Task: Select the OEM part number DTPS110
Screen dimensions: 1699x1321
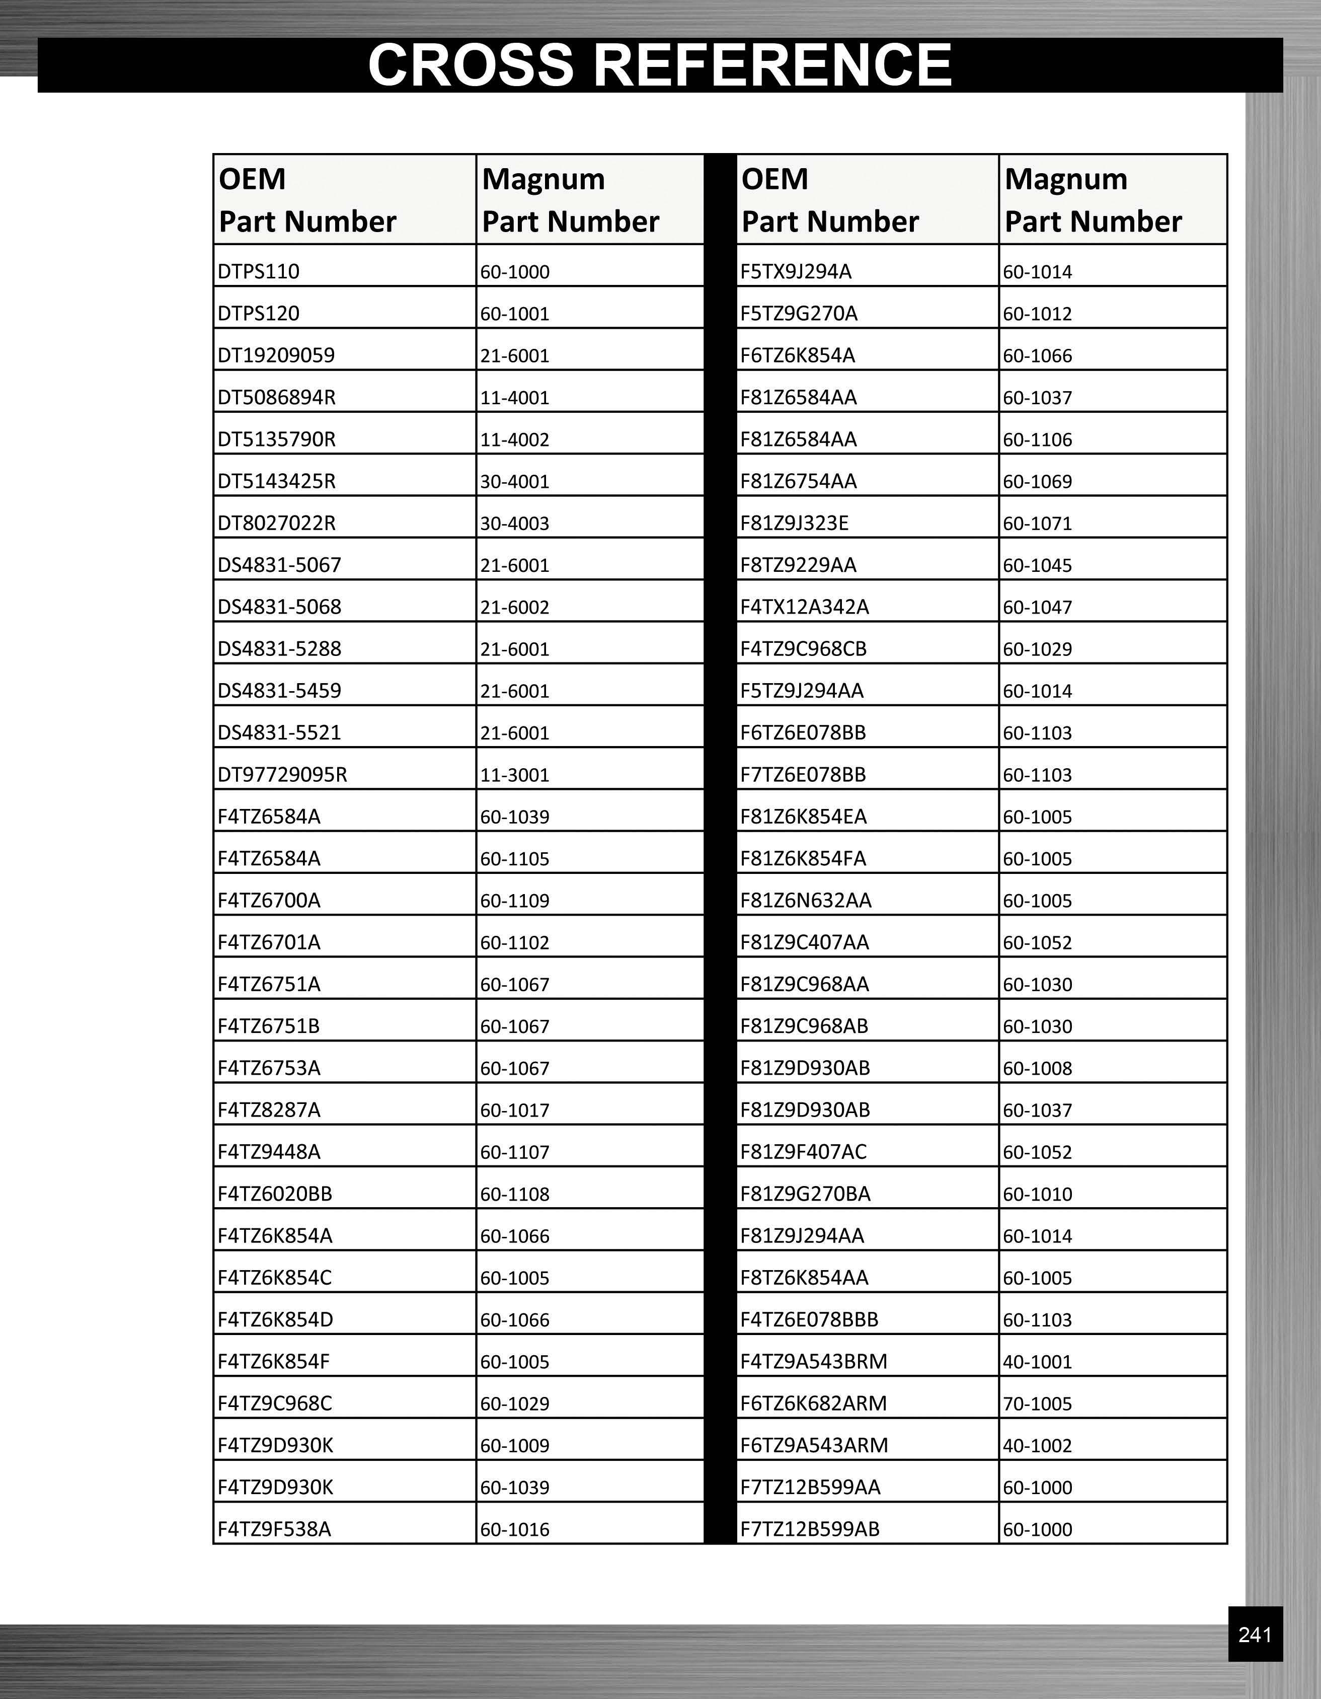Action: (x=258, y=271)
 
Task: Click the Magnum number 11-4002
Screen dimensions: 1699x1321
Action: (x=515, y=439)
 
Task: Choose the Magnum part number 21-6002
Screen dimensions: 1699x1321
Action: (x=515, y=607)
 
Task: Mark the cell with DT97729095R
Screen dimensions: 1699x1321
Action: (x=282, y=775)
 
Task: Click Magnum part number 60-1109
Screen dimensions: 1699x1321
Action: (x=515, y=901)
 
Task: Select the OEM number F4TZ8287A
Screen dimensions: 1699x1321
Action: (x=269, y=1110)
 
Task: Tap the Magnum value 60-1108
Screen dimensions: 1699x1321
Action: (x=515, y=1194)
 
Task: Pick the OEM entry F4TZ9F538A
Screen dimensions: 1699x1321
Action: (x=274, y=1529)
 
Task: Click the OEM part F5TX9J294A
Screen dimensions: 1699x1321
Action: (x=796, y=271)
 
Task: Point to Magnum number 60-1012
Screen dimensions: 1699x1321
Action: (x=1037, y=314)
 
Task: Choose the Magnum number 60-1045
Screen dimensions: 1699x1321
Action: (x=1037, y=565)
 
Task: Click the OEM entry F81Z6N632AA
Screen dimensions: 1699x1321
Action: (x=806, y=901)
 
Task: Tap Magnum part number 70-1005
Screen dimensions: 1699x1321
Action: (x=1037, y=1403)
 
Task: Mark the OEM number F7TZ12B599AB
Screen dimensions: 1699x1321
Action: (x=809, y=1529)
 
